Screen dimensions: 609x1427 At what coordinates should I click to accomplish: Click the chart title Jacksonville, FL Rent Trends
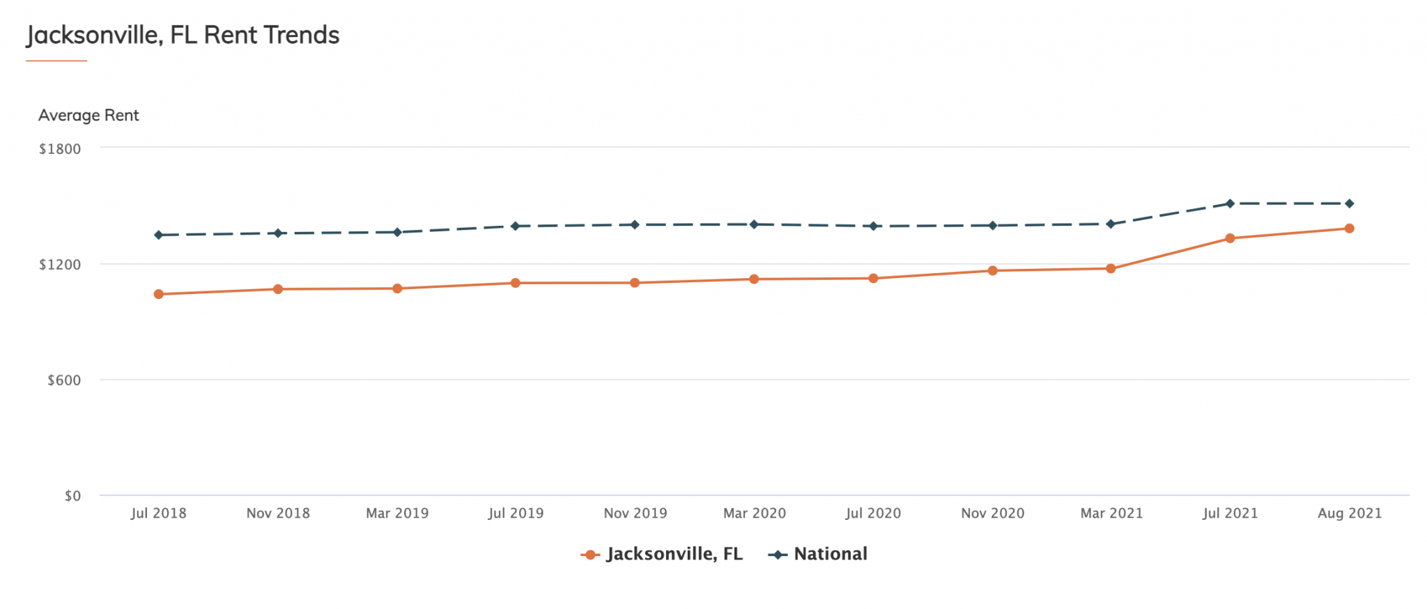pyautogui.click(x=183, y=35)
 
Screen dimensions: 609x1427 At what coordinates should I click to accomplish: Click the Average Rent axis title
pyautogui.click(x=88, y=116)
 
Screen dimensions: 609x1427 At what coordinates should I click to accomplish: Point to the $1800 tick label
pyautogui.click(x=60, y=149)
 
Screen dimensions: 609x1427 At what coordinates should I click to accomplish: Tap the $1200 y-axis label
pyautogui.click(x=60, y=265)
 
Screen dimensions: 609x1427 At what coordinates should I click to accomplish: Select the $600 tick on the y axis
pyautogui.click(x=64, y=380)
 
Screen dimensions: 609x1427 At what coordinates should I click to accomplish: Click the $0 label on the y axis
pyautogui.click(x=72, y=496)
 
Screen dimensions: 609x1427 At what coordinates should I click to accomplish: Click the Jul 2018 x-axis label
pyautogui.click(x=159, y=514)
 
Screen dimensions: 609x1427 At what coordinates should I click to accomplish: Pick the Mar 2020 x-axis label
pyautogui.click(x=755, y=514)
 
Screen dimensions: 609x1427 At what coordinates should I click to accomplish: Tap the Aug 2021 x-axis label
pyautogui.click(x=1350, y=514)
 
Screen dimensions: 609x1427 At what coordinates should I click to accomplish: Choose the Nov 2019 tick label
pyautogui.click(x=635, y=514)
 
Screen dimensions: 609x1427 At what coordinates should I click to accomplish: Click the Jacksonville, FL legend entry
pyautogui.click(x=662, y=554)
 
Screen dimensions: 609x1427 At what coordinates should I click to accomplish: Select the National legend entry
pyautogui.click(x=819, y=554)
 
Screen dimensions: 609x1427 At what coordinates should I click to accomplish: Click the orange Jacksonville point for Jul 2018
pyautogui.click(x=159, y=294)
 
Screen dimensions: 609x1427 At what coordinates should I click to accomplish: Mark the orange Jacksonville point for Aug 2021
pyautogui.click(x=1350, y=229)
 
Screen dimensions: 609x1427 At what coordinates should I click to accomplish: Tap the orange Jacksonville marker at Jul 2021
pyautogui.click(x=1230, y=238)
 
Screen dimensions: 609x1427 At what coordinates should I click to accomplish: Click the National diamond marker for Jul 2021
pyautogui.click(x=1230, y=203)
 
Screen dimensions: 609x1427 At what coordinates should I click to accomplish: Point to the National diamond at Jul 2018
pyautogui.click(x=159, y=235)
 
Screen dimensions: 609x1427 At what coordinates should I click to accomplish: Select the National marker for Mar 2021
pyautogui.click(x=1111, y=224)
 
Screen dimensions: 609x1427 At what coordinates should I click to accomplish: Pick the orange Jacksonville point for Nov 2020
pyautogui.click(x=992, y=270)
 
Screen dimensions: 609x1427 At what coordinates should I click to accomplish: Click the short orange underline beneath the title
pyautogui.click(x=56, y=61)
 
